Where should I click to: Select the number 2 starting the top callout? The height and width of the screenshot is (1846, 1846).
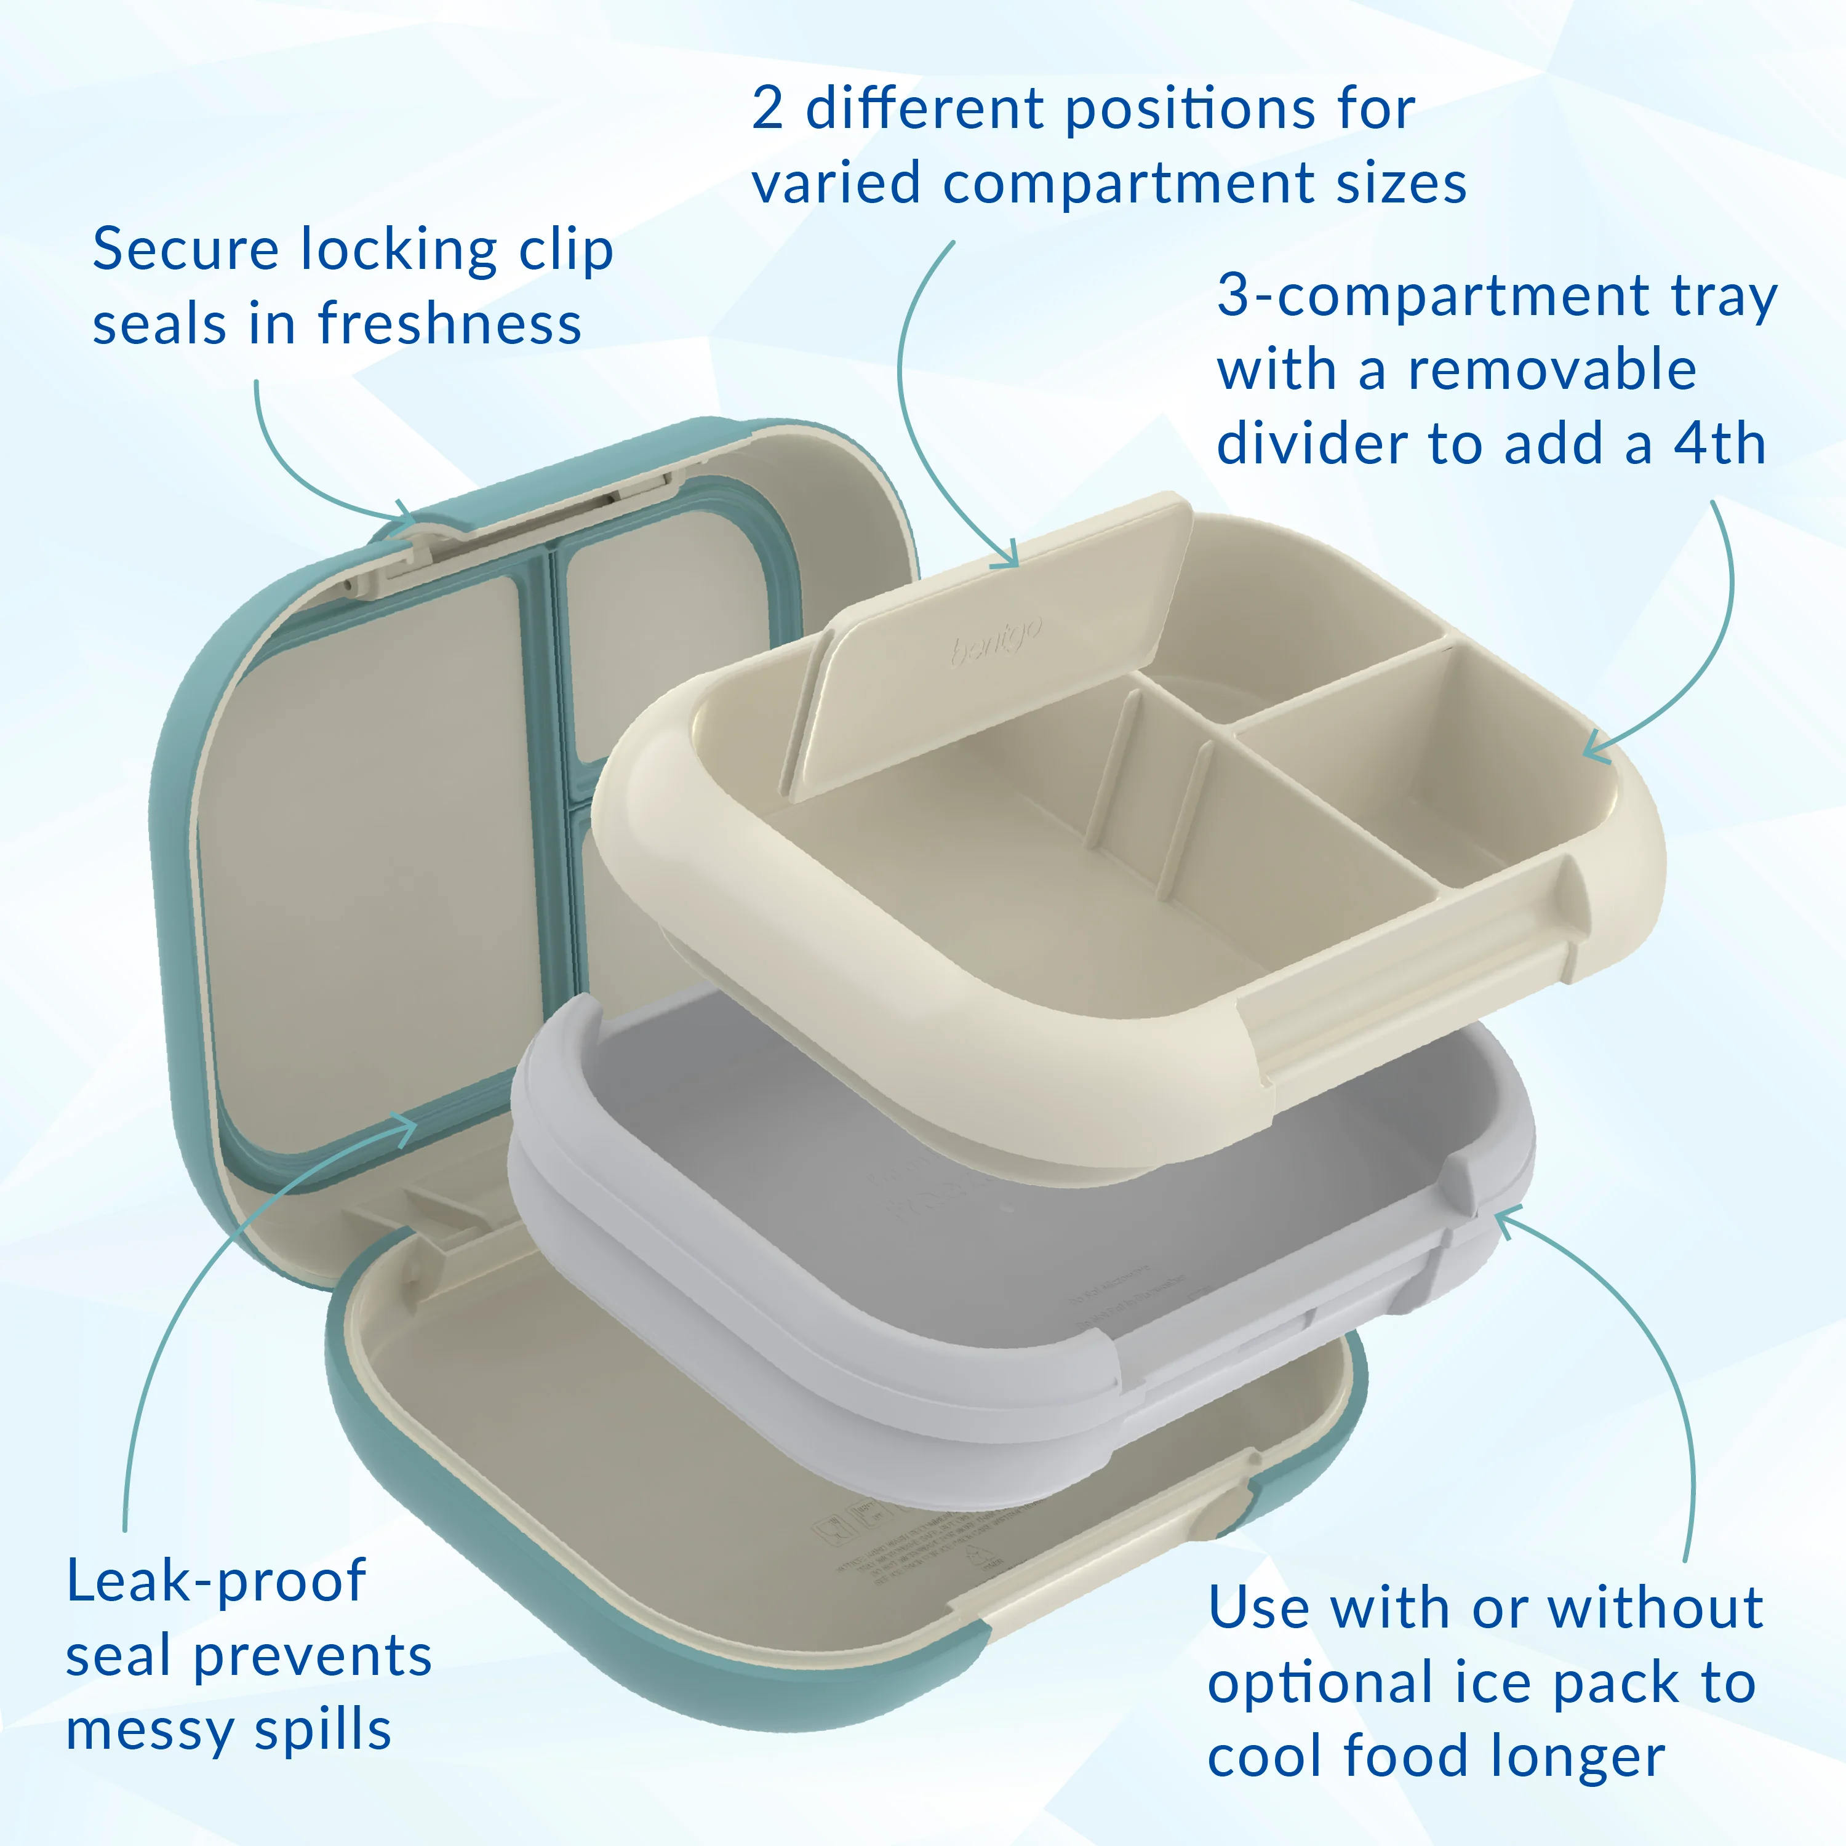pos(768,109)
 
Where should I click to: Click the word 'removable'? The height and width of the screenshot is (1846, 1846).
pos(1552,370)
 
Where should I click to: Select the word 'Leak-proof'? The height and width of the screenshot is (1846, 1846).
pos(216,1581)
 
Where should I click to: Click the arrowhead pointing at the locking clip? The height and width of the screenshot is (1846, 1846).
pos(409,516)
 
